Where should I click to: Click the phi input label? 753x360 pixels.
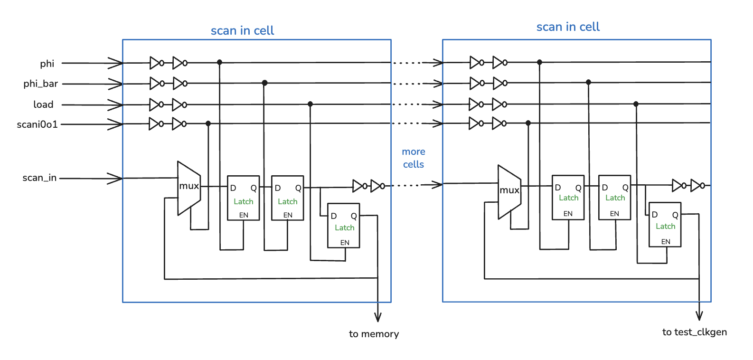tap(47, 64)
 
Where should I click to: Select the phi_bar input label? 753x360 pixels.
tap(40, 84)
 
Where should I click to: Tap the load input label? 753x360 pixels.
tap(43, 104)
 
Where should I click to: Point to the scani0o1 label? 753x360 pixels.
tap(37, 124)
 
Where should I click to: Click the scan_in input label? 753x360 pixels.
tap(39, 178)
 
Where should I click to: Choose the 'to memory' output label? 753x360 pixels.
tap(374, 334)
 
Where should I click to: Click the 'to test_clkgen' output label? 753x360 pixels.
tap(694, 332)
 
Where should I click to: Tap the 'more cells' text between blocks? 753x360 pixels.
tap(413, 158)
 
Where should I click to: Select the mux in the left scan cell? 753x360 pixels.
tap(189, 188)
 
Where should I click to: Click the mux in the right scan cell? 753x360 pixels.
tap(509, 192)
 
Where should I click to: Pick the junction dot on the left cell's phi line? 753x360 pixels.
tap(219, 62)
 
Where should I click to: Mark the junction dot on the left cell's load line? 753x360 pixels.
tap(310, 104)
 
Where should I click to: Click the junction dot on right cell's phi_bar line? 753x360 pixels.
tap(588, 82)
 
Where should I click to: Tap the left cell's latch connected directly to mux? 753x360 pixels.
tap(243, 198)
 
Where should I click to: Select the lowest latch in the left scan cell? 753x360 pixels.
tap(344, 226)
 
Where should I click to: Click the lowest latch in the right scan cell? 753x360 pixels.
tap(665, 225)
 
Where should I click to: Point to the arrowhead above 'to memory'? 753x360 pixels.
tap(377, 317)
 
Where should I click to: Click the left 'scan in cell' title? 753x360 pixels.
tap(242, 31)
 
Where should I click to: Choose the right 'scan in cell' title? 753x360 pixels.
tap(568, 27)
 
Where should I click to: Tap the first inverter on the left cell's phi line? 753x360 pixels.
tap(156, 63)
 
